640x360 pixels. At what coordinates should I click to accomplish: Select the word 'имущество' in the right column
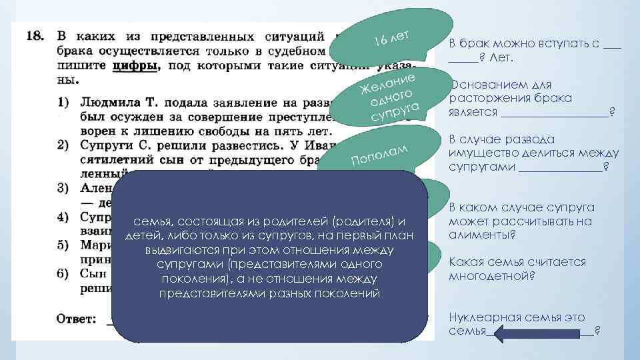pyautogui.click(x=480, y=153)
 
